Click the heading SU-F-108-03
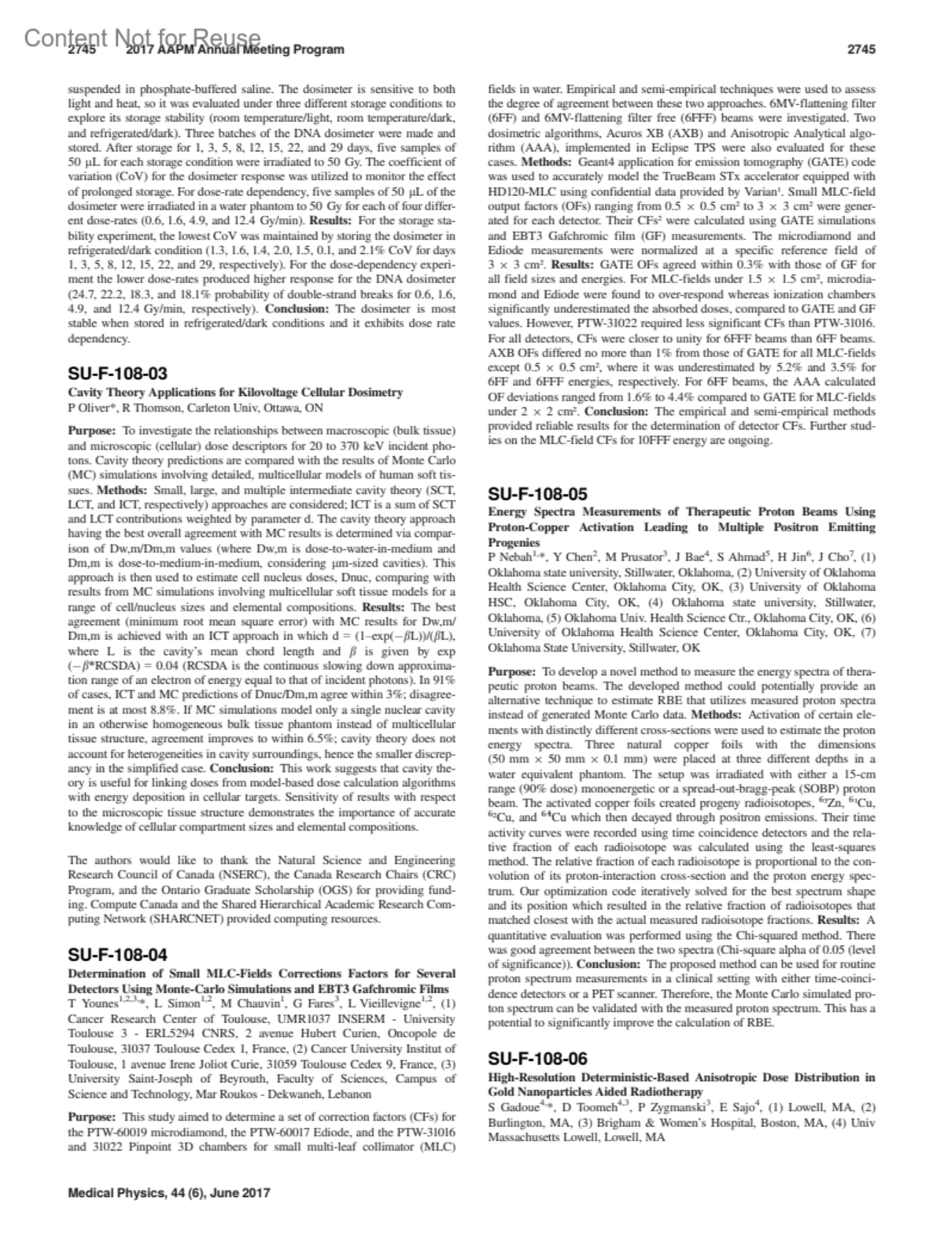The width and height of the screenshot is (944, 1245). (117, 373)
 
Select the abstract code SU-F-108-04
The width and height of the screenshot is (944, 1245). (117, 955)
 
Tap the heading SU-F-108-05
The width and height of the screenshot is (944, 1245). (537, 494)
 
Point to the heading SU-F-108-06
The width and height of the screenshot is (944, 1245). (537, 1058)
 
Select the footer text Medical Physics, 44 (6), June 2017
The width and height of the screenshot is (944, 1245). (169, 1192)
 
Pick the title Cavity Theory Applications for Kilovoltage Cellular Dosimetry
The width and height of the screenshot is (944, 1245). (235, 392)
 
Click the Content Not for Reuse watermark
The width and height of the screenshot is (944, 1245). (142, 38)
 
